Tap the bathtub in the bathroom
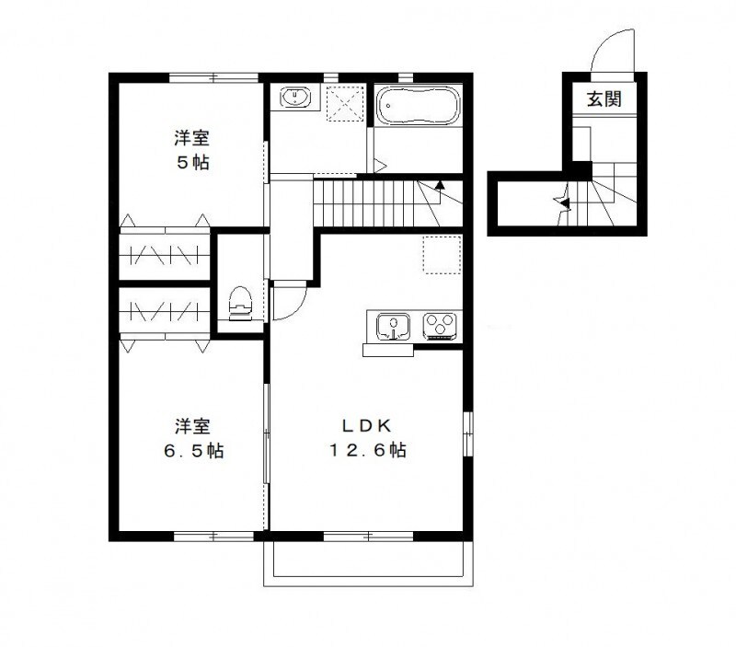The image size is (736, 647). pyautogui.click(x=419, y=106)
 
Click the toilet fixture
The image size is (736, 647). pyautogui.click(x=240, y=303)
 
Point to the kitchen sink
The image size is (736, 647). pyautogui.click(x=394, y=326)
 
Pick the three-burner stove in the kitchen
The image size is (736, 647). pyautogui.click(x=439, y=325)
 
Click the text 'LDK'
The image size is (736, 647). pyautogui.click(x=368, y=425)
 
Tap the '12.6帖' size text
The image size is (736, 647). pyautogui.click(x=368, y=451)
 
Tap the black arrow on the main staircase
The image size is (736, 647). pyautogui.click(x=440, y=184)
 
